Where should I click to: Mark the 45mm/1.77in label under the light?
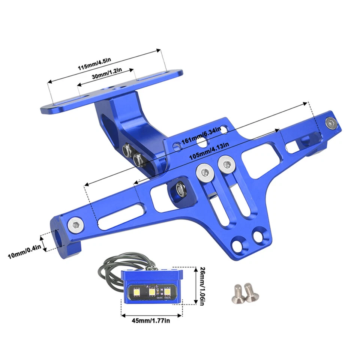[151, 321]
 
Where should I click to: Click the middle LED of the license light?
[152, 291]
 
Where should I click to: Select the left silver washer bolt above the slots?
[204, 172]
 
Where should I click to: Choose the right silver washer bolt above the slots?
[226, 163]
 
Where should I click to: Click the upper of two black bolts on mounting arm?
[127, 150]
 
